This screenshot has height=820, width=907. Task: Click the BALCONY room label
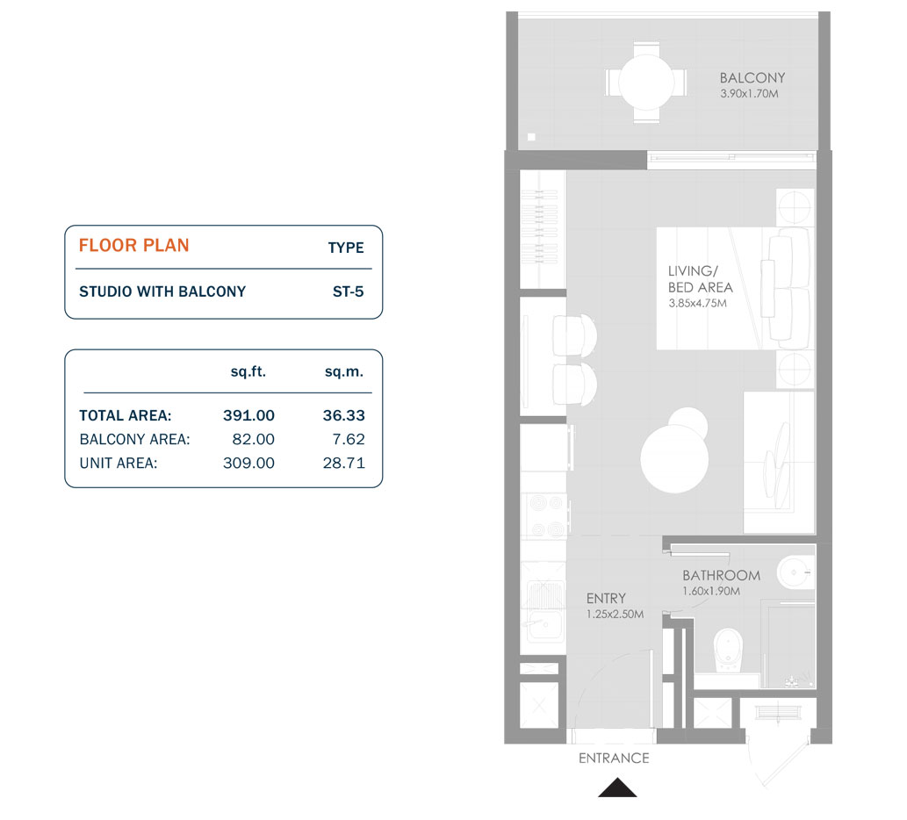[752, 77]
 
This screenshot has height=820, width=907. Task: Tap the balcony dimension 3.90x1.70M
[748, 92]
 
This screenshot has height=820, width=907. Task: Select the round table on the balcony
[645, 83]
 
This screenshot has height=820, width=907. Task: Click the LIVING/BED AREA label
[700, 279]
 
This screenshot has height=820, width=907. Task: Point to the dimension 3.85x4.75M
[697, 303]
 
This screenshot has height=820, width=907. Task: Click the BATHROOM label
[721, 575]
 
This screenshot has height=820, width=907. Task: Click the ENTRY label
[606, 599]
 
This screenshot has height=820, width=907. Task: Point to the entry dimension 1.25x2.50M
[615, 615]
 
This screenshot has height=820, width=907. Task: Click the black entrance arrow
[617, 788]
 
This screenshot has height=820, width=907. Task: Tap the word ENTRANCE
[614, 758]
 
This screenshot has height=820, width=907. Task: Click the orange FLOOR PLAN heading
[133, 245]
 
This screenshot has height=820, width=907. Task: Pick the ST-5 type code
[348, 291]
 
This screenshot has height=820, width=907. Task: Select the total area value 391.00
[248, 415]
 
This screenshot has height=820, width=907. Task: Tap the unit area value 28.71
[343, 463]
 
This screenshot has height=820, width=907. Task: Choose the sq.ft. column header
[248, 371]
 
